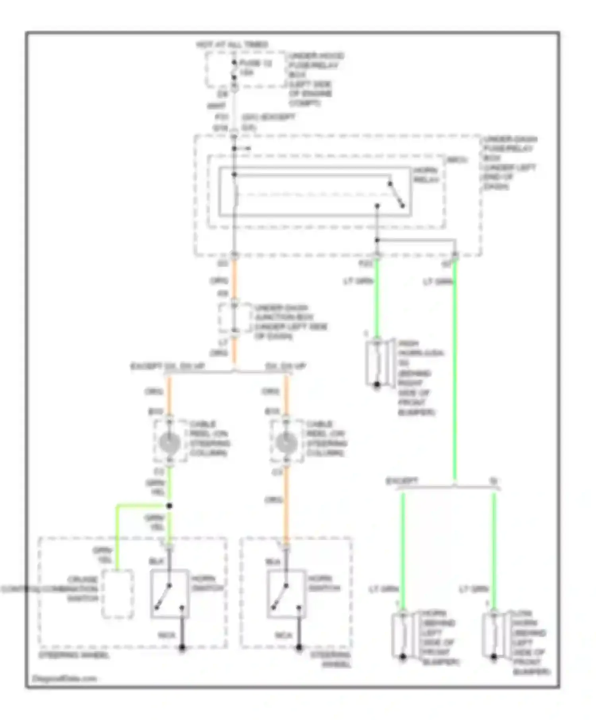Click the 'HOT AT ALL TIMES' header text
[232, 44]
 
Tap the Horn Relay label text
[426, 175]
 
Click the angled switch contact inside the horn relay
[396, 195]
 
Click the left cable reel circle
[170, 443]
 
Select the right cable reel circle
[286, 443]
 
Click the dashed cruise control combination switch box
[118, 594]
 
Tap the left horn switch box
[170, 594]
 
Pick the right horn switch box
[286, 594]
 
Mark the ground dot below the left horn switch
[182, 648]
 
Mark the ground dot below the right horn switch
[299, 648]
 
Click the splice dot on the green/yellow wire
[169, 506]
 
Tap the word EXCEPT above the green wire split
[402, 481]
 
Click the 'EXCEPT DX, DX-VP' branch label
[168, 366]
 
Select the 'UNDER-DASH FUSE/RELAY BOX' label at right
[509, 163]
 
